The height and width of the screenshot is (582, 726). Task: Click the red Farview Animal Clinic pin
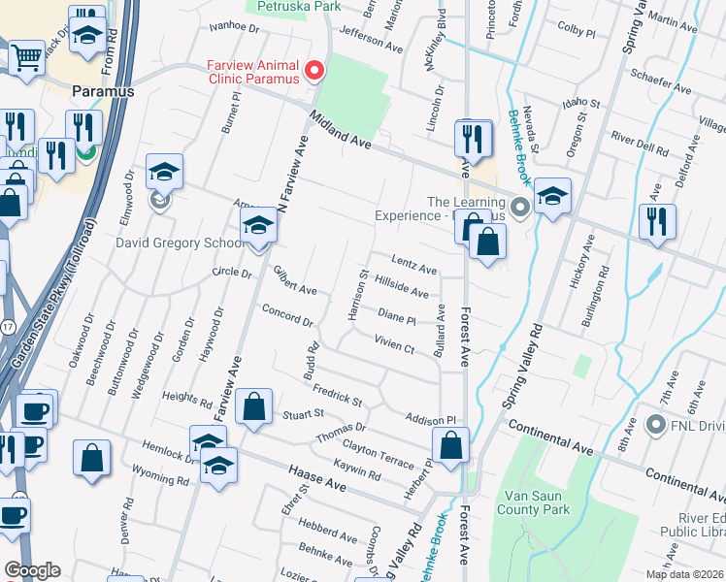coord(313,71)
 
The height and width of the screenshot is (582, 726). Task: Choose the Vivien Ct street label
coord(394,343)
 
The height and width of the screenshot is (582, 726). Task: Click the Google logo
coord(32,570)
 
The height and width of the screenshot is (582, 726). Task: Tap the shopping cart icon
coord(26,56)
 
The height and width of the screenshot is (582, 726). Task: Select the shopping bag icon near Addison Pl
coord(451,446)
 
